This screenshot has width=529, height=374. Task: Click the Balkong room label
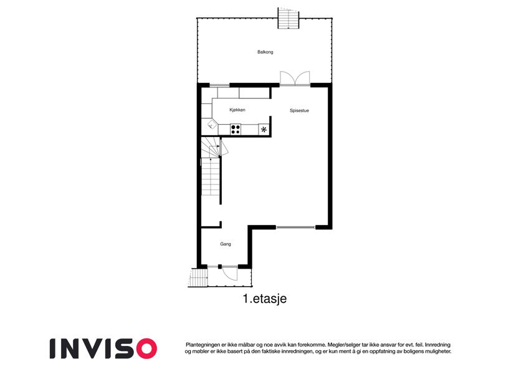click(265, 52)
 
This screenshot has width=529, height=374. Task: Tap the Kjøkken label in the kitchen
click(237, 110)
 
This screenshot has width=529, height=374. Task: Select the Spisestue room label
click(299, 110)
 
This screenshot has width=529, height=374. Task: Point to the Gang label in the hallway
click(226, 244)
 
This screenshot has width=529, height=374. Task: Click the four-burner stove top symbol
click(236, 129)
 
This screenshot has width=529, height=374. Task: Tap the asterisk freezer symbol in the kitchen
click(264, 129)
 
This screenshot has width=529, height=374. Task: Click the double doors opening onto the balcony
click(295, 79)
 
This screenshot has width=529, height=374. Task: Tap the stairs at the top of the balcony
click(288, 18)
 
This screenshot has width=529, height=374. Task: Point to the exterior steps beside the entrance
click(198, 277)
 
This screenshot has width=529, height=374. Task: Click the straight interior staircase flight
click(211, 176)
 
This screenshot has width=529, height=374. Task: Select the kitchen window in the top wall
click(219, 85)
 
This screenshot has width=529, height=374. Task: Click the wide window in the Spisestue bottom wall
click(296, 227)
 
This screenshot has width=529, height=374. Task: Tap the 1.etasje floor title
click(264, 299)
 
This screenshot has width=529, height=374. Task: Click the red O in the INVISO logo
click(146, 348)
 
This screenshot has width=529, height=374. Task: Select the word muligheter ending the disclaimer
click(437, 352)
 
